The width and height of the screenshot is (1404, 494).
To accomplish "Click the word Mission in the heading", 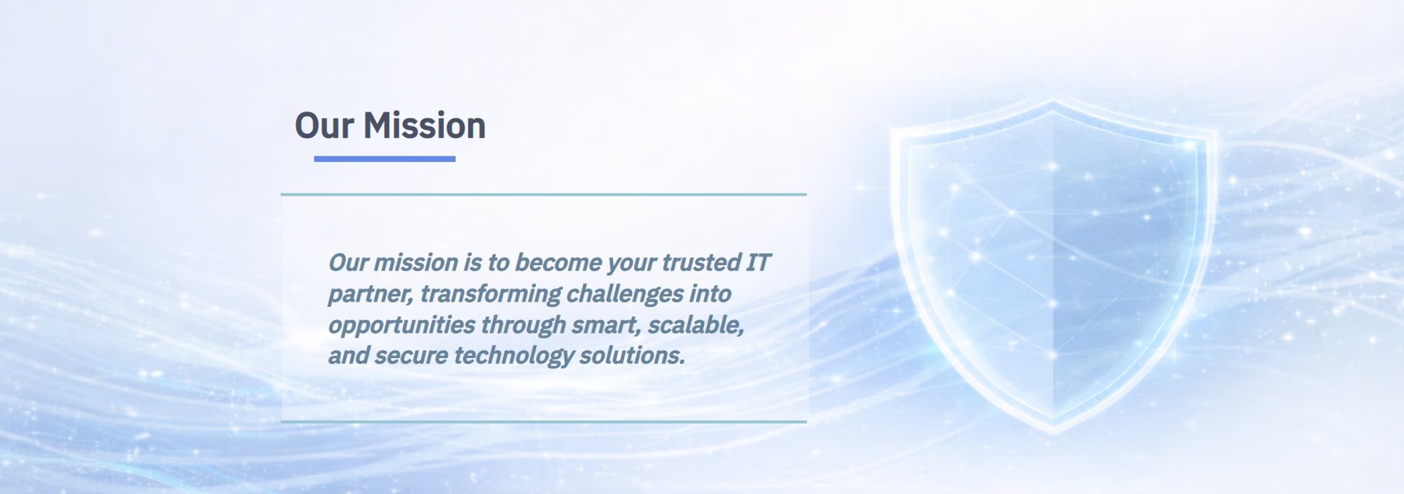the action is (x=425, y=126).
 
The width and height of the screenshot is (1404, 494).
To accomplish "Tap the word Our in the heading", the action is (x=325, y=126).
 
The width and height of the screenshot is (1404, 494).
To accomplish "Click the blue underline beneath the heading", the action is (x=385, y=159).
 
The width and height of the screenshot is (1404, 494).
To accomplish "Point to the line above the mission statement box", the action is (x=543, y=194).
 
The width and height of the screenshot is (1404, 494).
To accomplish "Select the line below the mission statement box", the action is (x=543, y=422).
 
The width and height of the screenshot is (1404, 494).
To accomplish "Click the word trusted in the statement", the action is (x=701, y=262).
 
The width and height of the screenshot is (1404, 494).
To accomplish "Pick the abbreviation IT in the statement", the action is (x=758, y=262).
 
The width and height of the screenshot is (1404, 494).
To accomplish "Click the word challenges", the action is (x=625, y=294).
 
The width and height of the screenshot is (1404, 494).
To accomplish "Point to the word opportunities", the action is (x=401, y=325).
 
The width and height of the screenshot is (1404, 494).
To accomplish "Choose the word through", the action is (x=524, y=325).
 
